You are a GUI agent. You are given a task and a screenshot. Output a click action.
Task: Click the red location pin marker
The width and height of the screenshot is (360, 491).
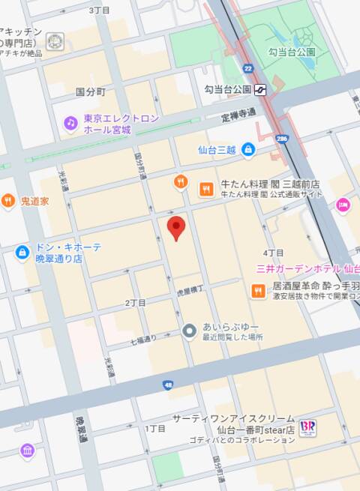pyautogui.click(x=175, y=228)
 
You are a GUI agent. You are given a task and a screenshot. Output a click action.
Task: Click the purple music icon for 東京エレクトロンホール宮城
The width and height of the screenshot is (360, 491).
pyautogui.click(x=70, y=122)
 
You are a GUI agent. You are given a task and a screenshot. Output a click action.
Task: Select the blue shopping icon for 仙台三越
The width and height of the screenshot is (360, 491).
pyautogui.click(x=248, y=150)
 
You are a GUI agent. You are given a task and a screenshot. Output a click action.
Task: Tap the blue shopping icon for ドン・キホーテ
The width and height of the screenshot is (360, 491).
pyautogui.click(x=22, y=252)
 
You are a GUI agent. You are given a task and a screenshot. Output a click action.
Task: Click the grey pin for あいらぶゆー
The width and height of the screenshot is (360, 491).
pyautogui.click(x=190, y=331)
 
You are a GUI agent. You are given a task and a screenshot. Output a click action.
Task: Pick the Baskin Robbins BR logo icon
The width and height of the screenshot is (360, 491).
pyautogui.click(x=307, y=427)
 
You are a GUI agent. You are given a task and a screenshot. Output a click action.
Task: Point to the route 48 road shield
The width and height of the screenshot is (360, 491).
pyautogui.click(x=166, y=385)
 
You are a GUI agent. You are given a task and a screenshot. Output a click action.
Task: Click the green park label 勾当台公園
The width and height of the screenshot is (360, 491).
pyautogui.click(x=292, y=52)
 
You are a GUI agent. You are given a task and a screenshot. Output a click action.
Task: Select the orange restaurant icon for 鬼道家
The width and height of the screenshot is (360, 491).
pyautogui.click(x=7, y=201)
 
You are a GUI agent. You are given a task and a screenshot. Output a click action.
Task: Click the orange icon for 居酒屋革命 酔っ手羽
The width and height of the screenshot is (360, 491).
pyautogui.click(x=257, y=290)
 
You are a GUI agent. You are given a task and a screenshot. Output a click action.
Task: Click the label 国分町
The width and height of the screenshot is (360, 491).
pyautogui.click(x=91, y=91)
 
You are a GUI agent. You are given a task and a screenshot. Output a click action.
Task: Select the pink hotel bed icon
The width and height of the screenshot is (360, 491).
pyautogui.click(x=343, y=204)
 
